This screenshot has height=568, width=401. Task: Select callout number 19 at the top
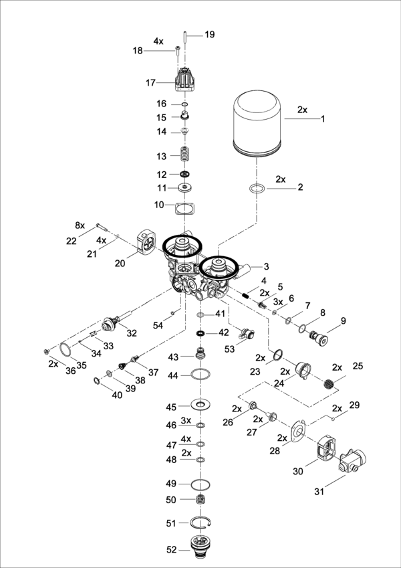click(x=210, y=33)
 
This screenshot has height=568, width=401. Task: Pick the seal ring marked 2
click(x=255, y=188)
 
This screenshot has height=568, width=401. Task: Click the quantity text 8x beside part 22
click(x=80, y=225)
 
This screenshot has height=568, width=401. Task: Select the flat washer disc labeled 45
click(x=200, y=405)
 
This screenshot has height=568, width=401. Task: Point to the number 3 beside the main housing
click(x=266, y=266)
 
